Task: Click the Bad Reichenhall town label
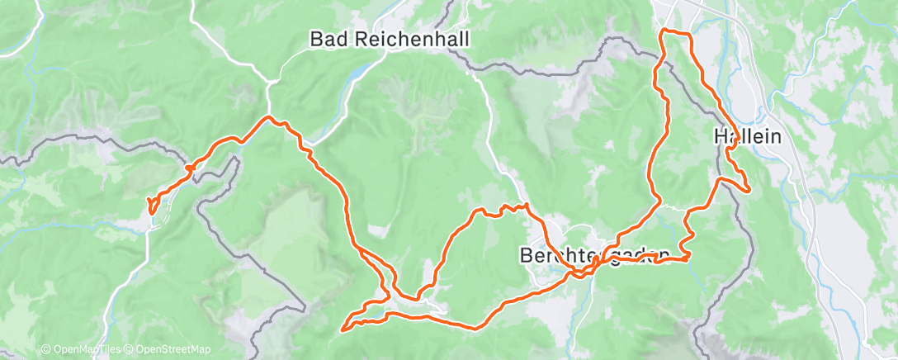tap(375, 38)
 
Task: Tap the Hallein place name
tap(746, 138)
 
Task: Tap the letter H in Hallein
tap(718, 138)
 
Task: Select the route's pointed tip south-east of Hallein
tap(749, 190)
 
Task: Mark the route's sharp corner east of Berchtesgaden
tap(688, 258)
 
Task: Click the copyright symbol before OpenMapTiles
tap(45, 349)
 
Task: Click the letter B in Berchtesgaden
tap(526, 255)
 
